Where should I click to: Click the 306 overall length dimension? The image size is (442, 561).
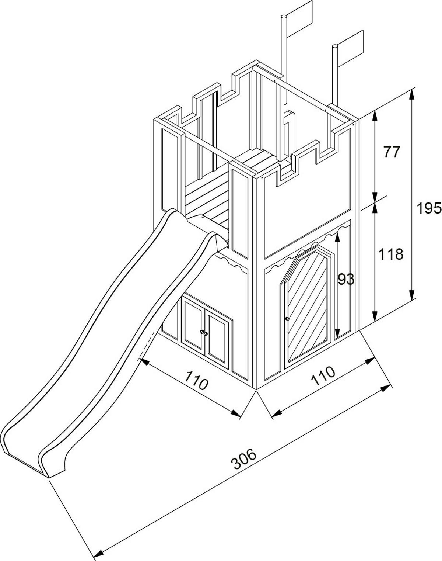(245, 459)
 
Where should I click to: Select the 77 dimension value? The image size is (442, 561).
(391, 152)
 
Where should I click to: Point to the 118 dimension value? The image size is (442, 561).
(391, 254)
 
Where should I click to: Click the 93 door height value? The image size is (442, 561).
(346, 280)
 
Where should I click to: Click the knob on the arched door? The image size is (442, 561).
(287, 318)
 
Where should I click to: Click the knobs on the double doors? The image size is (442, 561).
(204, 333)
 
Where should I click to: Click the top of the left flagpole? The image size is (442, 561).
(284, 17)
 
